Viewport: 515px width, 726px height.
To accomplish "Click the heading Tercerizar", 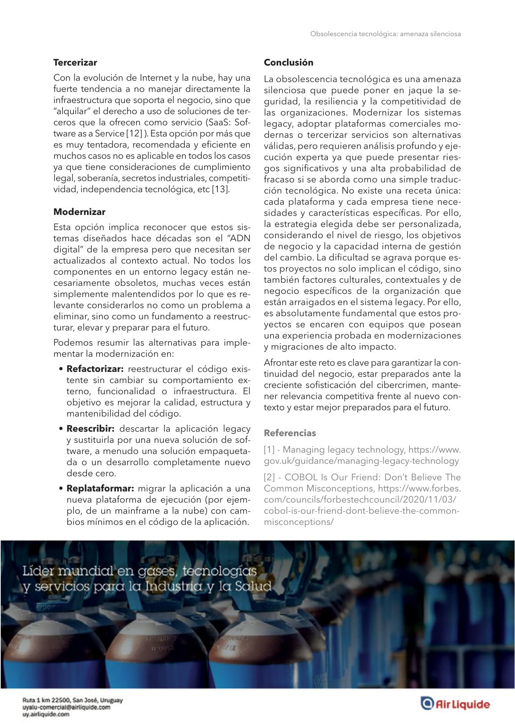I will [x=75, y=62].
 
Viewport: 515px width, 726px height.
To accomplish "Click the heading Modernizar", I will [x=79, y=212].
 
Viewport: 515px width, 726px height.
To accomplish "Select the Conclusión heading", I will [x=288, y=62].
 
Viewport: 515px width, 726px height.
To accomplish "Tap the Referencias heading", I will [x=290, y=433].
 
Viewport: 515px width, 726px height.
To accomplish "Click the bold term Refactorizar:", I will [x=95, y=369].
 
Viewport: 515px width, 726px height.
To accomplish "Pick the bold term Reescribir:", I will [x=90, y=429].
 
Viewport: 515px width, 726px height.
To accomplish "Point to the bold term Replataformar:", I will [x=100, y=488].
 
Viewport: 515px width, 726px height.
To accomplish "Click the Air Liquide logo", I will [x=455, y=704].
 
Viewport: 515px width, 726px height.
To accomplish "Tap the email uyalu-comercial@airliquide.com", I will [x=66, y=707].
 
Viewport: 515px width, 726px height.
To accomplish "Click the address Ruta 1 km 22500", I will [x=49, y=700].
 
